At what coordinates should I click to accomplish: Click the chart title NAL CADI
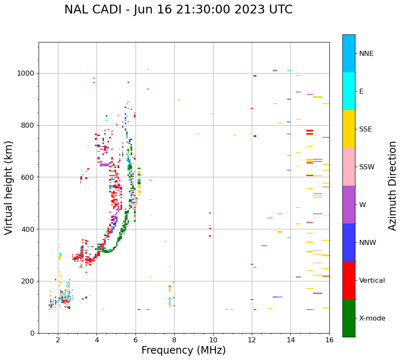click(x=178, y=10)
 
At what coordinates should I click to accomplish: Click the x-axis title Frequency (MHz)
click(x=183, y=350)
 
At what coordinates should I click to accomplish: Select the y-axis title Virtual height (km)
click(x=9, y=188)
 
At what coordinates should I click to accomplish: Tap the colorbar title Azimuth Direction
click(x=392, y=186)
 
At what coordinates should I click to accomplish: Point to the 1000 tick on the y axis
click(x=28, y=73)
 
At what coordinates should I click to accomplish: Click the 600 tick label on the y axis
click(x=29, y=177)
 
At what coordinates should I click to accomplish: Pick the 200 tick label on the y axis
click(x=29, y=281)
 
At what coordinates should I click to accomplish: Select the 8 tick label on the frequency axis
click(x=174, y=340)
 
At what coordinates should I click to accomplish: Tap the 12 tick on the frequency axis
click(x=252, y=340)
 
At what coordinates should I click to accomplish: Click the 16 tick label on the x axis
click(x=329, y=340)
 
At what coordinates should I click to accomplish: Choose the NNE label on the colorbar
click(x=366, y=54)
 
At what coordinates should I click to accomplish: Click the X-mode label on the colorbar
click(x=372, y=318)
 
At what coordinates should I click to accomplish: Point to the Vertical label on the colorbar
click(x=372, y=281)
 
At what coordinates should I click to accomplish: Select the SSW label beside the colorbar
click(x=367, y=167)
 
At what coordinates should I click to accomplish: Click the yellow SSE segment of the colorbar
click(x=349, y=129)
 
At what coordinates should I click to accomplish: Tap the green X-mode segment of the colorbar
click(x=349, y=318)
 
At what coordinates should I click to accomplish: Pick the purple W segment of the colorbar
click(x=349, y=205)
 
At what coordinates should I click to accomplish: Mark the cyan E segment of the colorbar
click(x=349, y=91)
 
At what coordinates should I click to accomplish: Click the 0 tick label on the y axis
click(x=33, y=333)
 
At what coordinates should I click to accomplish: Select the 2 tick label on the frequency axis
click(x=58, y=340)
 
